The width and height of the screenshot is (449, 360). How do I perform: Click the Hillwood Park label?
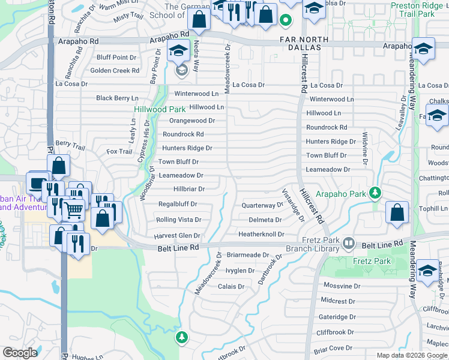tap(159, 110)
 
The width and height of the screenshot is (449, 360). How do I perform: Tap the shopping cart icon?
tap(73, 209)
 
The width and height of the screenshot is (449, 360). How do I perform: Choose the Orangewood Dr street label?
tap(192, 121)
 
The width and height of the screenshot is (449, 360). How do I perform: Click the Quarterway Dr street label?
tap(262, 205)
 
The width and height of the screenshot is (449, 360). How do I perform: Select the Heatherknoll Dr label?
tap(261, 234)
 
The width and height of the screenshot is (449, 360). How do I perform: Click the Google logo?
tap(20, 353)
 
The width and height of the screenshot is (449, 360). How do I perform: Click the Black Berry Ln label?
tap(117, 98)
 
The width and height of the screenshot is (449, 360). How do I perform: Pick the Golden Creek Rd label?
tap(115, 71)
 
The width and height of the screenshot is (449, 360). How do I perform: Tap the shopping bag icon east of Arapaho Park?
tap(397, 212)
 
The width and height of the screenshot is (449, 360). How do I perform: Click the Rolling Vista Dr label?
tap(178, 220)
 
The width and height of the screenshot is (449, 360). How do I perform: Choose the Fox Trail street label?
tap(119, 152)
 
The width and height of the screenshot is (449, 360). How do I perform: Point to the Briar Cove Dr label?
tap(332, 348)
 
